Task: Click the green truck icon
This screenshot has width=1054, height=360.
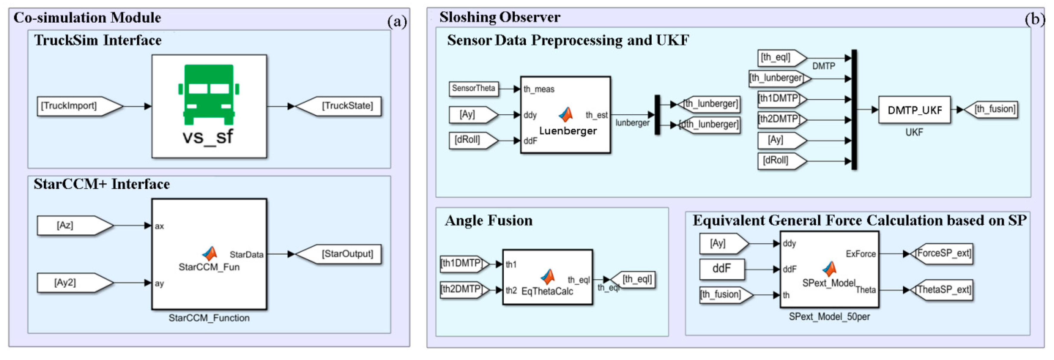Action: click(x=209, y=94)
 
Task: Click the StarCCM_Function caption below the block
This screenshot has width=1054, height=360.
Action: click(x=209, y=318)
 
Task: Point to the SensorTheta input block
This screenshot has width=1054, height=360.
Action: click(x=474, y=88)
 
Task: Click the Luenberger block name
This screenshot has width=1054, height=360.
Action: click(x=568, y=131)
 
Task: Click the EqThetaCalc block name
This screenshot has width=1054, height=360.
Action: click(x=547, y=291)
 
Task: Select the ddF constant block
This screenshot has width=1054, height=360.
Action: click(x=721, y=269)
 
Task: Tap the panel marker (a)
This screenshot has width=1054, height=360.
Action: click(x=397, y=21)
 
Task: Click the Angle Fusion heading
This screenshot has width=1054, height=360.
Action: click(x=488, y=221)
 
